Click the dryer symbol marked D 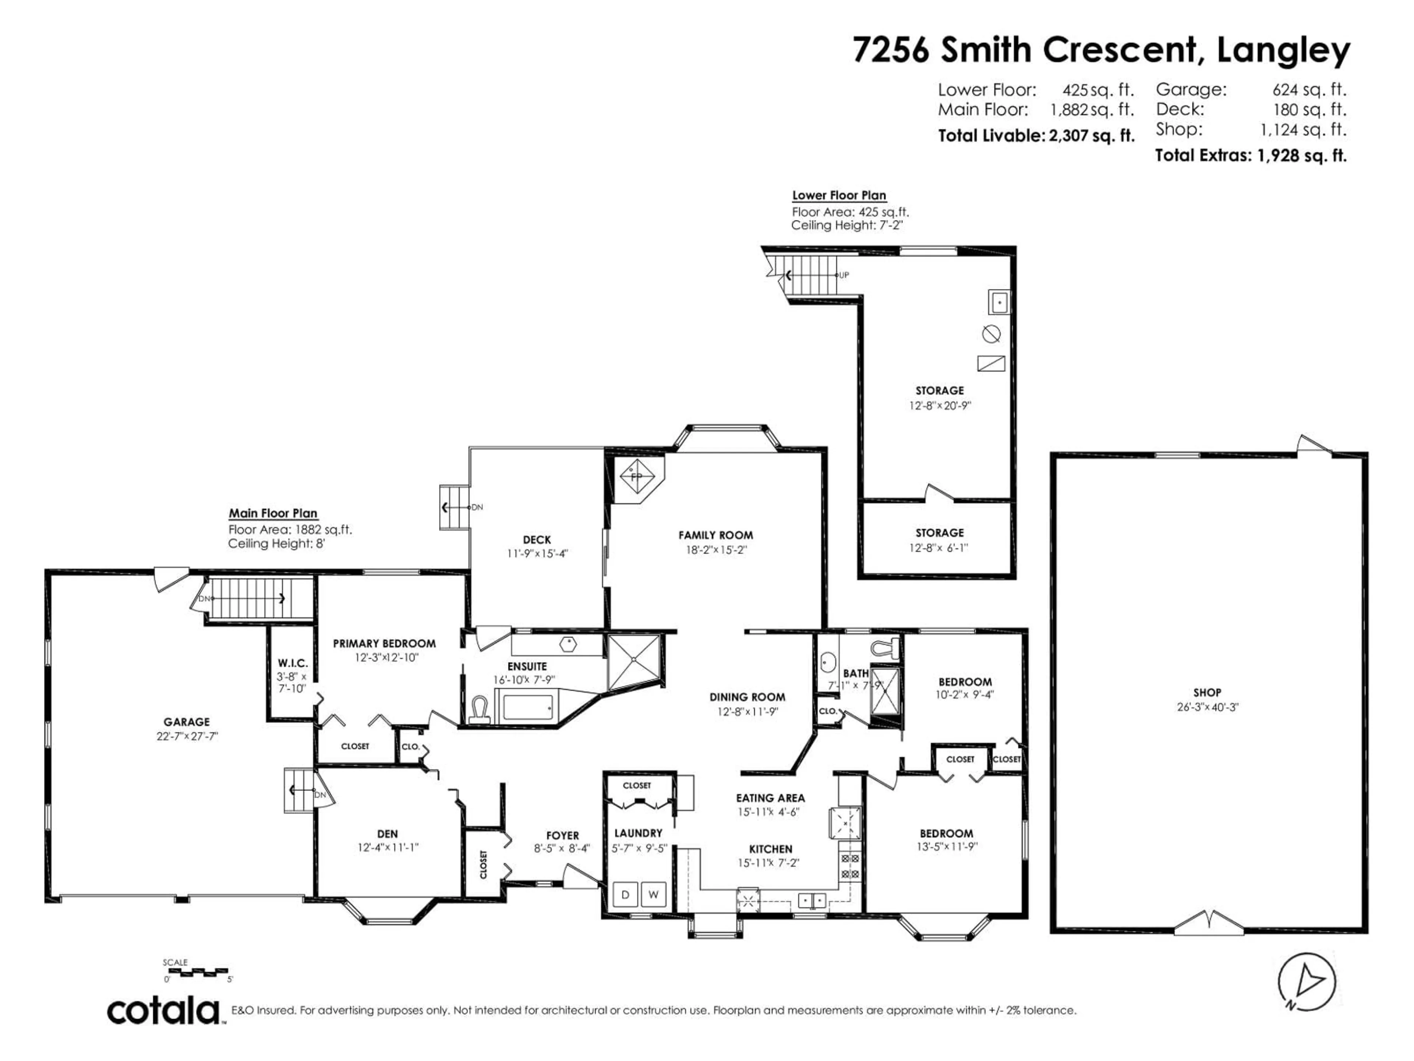(625, 894)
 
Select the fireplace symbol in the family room (636, 476)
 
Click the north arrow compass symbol (1306, 982)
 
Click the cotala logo (163, 1011)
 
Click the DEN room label (387, 834)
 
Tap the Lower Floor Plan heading (839, 196)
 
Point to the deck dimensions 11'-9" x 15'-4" (537, 554)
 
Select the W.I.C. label (293, 663)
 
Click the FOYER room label (563, 835)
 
